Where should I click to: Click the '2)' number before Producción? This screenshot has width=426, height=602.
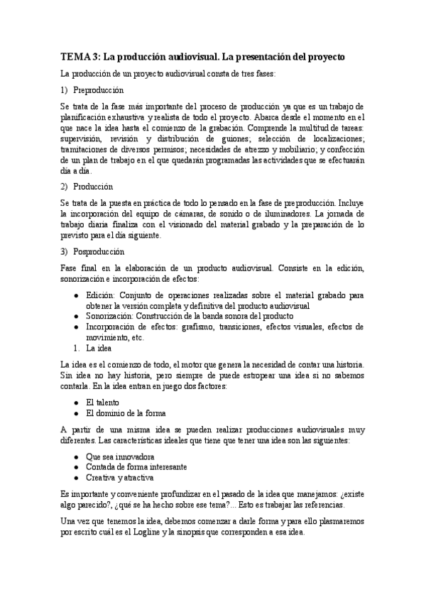(x=66, y=187)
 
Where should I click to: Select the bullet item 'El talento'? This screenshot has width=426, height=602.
(x=102, y=402)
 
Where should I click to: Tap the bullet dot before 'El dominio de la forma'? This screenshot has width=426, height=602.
(x=77, y=412)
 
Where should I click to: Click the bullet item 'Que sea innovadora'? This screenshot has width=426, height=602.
(x=120, y=456)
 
